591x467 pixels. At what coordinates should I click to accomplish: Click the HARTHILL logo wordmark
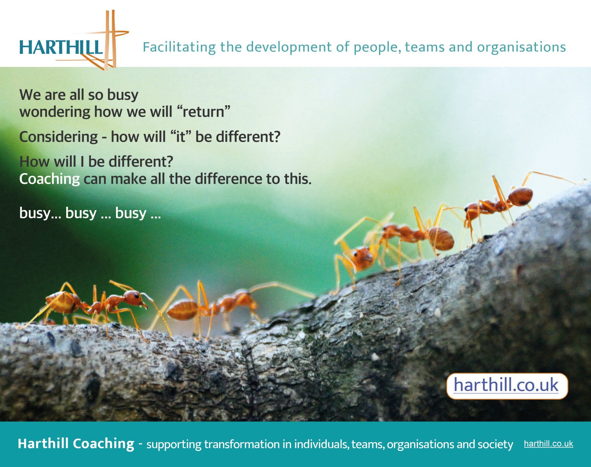point(61,47)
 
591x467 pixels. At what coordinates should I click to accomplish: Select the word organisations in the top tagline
point(521,47)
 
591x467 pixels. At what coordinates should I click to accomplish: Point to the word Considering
point(58,137)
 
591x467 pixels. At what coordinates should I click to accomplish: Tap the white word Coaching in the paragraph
point(50,179)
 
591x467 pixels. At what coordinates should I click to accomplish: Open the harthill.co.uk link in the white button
point(506,385)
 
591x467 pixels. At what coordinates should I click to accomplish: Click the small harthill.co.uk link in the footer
point(549,444)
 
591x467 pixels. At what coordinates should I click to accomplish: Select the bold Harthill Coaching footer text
point(76,444)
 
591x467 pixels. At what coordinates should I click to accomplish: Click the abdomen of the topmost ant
point(520,197)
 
